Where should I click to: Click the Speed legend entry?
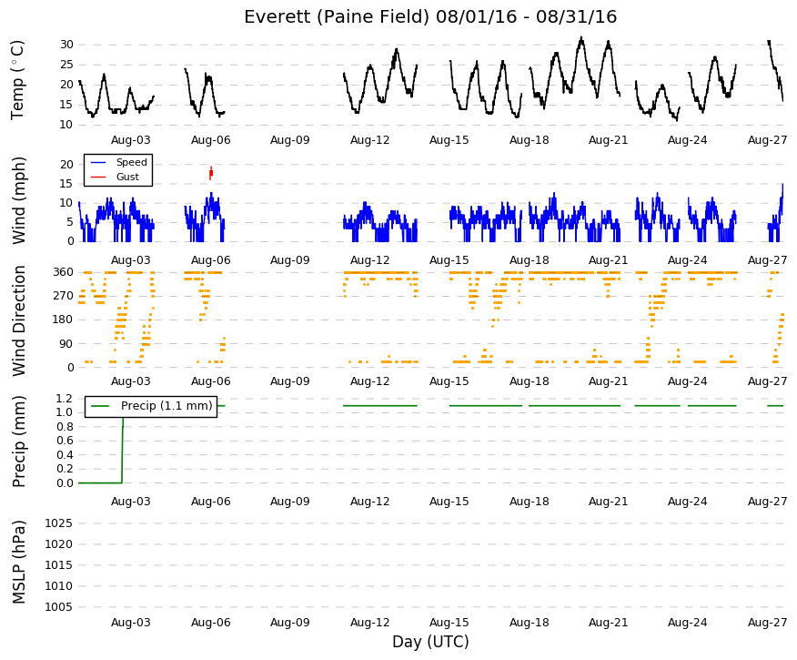point(118,162)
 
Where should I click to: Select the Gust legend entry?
point(115,177)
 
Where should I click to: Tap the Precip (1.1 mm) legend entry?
point(151,406)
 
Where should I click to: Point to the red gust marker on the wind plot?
point(211,173)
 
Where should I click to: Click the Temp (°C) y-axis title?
point(18,80)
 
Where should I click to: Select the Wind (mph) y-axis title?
point(18,200)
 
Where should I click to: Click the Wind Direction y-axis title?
point(18,320)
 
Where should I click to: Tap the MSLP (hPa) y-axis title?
point(18,562)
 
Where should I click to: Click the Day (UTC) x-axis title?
point(430,642)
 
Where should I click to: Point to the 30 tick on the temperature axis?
point(66,45)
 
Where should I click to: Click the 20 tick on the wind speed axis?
point(66,164)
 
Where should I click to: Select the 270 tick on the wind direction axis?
point(63,296)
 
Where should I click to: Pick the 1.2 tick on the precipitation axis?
point(66,398)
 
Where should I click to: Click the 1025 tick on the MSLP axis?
point(59,523)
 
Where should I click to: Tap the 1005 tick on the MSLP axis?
point(59,606)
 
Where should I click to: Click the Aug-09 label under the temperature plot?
point(289,140)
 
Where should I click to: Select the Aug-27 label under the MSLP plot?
point(767,623)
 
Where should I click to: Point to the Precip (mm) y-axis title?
point(18,441)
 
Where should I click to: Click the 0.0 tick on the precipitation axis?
point(66,483)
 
